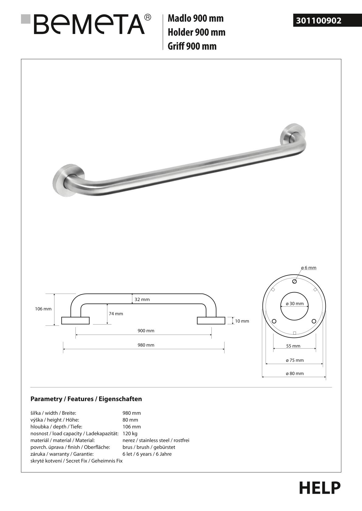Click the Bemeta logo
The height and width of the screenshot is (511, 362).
click(87, 24)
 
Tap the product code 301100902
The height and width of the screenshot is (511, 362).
click(319, 21)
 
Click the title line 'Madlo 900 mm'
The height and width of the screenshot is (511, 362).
click(196, 18)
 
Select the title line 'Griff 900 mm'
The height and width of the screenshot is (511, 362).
click(192, 46)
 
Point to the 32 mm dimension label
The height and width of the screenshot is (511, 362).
click(142, 299)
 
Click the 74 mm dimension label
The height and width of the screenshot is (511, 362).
click(116, 314)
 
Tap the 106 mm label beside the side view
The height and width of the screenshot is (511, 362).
click(43, 309)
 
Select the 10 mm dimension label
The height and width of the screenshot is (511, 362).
click(242, 321)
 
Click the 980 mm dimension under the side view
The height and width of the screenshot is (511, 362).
click(146, 345)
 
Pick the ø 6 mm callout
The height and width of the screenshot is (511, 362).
click(308, 268)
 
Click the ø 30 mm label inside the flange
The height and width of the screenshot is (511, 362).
click(294, 304)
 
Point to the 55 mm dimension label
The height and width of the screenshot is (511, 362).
click(293, 346)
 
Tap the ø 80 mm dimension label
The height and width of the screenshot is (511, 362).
click(294, 373)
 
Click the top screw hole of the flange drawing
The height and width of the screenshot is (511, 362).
click(294, 281)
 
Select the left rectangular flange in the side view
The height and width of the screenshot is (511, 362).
click(75, 321)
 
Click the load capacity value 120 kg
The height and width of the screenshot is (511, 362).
click(130, 434)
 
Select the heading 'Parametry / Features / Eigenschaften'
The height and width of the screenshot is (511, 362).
click(86, 399)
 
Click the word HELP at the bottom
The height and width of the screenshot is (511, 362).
click(320, 488)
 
